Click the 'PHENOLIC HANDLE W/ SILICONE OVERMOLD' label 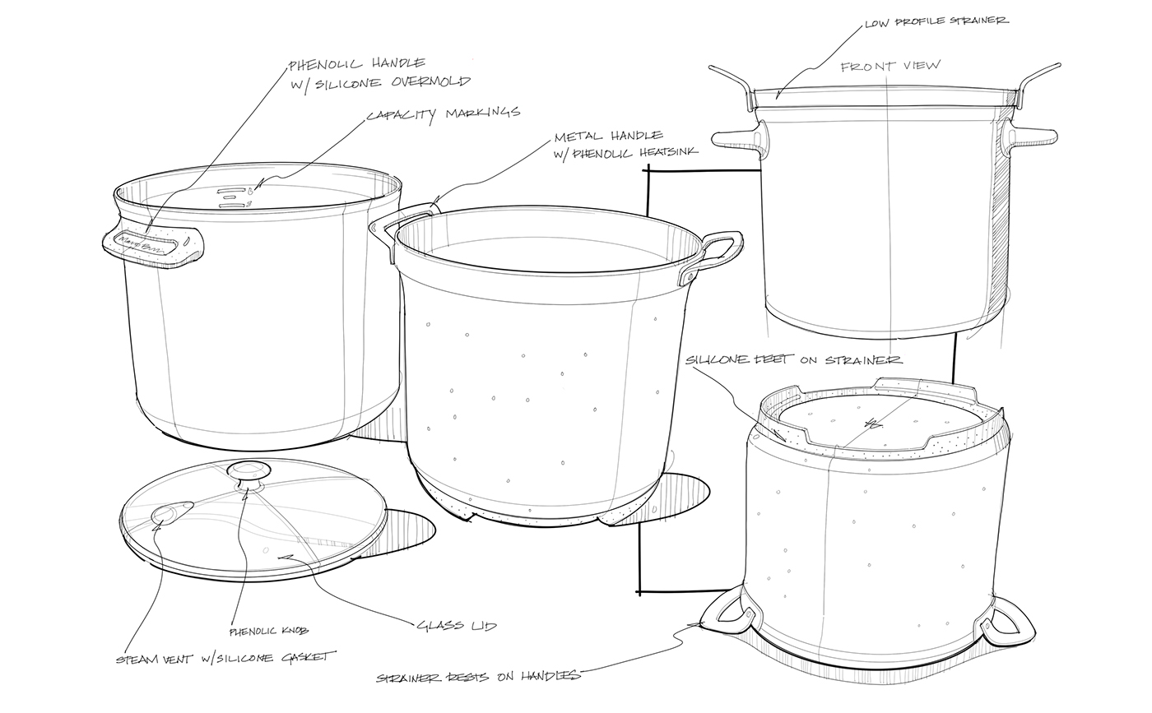click(379, 72)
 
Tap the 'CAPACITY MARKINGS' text click(443, 113)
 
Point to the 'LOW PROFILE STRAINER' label click(936, 21)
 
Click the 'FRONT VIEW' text click(890, 67)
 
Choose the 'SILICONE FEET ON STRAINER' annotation click(793, 360)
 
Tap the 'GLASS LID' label click(457, 626)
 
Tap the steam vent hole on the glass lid click(165, 514)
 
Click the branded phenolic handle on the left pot click(153, 244)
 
